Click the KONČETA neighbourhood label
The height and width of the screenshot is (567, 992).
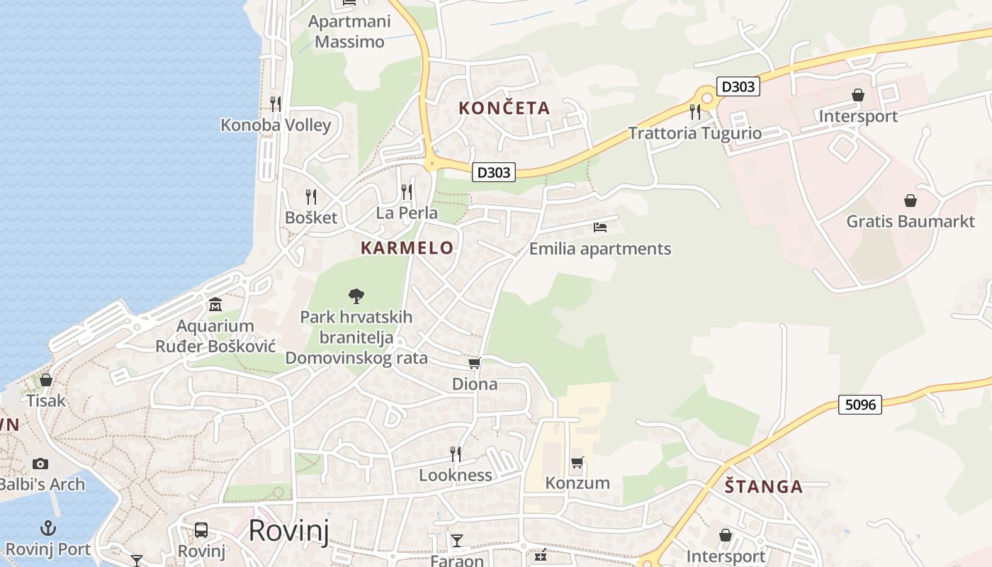tap(504, 108)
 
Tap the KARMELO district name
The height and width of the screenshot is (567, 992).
tap(407, 248)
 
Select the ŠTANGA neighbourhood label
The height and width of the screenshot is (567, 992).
tap(764, 487)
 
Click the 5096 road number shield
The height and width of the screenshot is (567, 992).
tap(861, 405)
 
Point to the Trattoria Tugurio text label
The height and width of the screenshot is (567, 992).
tap(695, 133)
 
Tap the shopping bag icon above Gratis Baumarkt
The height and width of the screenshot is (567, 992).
tap(911, 201)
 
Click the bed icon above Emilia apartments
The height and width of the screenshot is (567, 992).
tap(600, 228)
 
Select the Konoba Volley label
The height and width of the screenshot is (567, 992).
tap(276, 125)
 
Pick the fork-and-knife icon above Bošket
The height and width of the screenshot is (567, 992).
tap(311, 196)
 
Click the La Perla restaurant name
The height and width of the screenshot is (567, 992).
tap(407, 213)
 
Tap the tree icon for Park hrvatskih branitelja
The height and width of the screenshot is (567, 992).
tap(356, 296)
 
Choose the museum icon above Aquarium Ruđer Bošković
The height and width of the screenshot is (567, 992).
tap(215, 305)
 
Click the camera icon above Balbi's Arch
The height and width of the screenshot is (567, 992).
tap(40, 464)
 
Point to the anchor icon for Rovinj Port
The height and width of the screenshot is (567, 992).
tap(48, 528)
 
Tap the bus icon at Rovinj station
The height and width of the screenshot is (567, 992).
tap(201, 530)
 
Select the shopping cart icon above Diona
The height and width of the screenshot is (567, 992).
tap(475, 364)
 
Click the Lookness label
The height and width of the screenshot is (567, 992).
tap(456, 475)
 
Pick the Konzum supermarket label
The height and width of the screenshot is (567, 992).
tap(577, 483)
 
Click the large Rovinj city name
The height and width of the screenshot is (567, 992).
tap(289, 530)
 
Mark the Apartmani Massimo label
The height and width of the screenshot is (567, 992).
tap(349, 32)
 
